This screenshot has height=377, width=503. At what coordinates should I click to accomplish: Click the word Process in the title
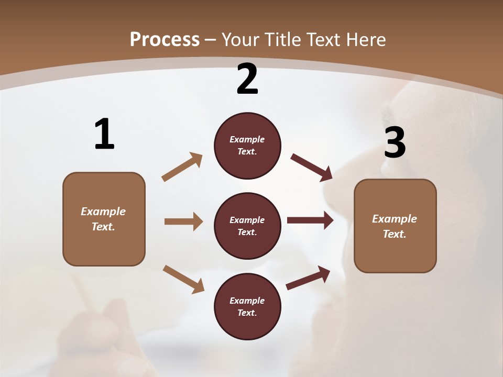pos(165,40)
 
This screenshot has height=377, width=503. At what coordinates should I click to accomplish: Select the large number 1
pos(104,134)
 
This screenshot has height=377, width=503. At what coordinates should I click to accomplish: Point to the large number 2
pos(247,79)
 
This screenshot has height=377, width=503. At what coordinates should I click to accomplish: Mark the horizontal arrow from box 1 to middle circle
pos(183,221)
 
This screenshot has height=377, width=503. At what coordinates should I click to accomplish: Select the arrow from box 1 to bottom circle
pos(183,279)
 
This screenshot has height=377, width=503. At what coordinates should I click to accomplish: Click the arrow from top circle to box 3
pos(312,168)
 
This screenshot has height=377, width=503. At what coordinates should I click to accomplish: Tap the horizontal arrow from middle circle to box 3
pos(310,220)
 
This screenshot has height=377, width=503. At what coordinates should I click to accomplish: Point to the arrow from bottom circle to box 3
pos(308,278)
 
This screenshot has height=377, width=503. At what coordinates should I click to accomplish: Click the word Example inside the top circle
pos(247,140)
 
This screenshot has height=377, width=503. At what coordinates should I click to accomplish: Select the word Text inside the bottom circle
pos(246,313)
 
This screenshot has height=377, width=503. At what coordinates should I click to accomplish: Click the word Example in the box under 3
pos(395,219)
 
